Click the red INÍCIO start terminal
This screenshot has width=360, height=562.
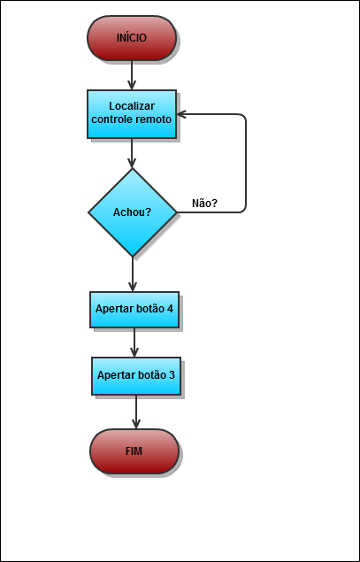(x=132, y=38)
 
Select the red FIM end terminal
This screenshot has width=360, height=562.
(x=134, y=451)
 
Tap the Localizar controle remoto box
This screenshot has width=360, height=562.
(x=132, y=114)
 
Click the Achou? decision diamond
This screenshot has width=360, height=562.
(x=133, y=212)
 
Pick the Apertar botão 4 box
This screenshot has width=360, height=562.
(x=134, y=310)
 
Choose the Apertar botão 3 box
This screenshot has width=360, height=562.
(x=136, y=376)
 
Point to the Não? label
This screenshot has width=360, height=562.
(x=204, y=204)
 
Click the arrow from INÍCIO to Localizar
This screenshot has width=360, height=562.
(x=132, y=75)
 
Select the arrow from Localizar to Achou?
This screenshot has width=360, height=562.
(x=132, y=153)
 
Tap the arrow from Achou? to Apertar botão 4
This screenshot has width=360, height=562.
(x=133, y=274)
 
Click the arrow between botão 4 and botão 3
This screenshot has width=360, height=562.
(x=134, y=343)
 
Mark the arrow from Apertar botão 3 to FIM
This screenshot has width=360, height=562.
(x=136, y=412)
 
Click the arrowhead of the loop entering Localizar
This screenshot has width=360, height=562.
(x=181, y=114)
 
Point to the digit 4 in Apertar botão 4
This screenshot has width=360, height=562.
(x=170, y=309)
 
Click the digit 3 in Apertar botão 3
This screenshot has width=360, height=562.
(x=172, y=375)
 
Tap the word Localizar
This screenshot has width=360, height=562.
(x=132, y=106)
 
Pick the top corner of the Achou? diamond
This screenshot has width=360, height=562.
(x=133, y=168)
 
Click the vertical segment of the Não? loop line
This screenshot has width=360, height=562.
(x=246, y=164)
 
